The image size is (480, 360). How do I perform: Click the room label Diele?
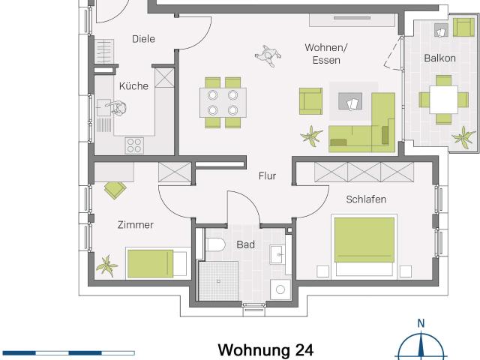tap(143, 39)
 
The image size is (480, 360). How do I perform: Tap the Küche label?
tap(133, 86)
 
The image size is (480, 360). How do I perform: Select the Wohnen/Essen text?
tap(322, 54)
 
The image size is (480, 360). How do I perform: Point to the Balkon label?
tap(439, 58)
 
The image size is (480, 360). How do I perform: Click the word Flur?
tap(267, 177)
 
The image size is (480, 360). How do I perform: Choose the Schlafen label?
tap(366, 199)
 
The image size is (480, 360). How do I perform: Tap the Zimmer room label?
tap(136, 224)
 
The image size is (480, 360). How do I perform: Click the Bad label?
tap(246, 244)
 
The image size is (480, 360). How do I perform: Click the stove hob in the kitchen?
tap(135, 144)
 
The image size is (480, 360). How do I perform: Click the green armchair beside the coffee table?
tap(310, 101)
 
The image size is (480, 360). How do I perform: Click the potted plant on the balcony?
tap(463, 137)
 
